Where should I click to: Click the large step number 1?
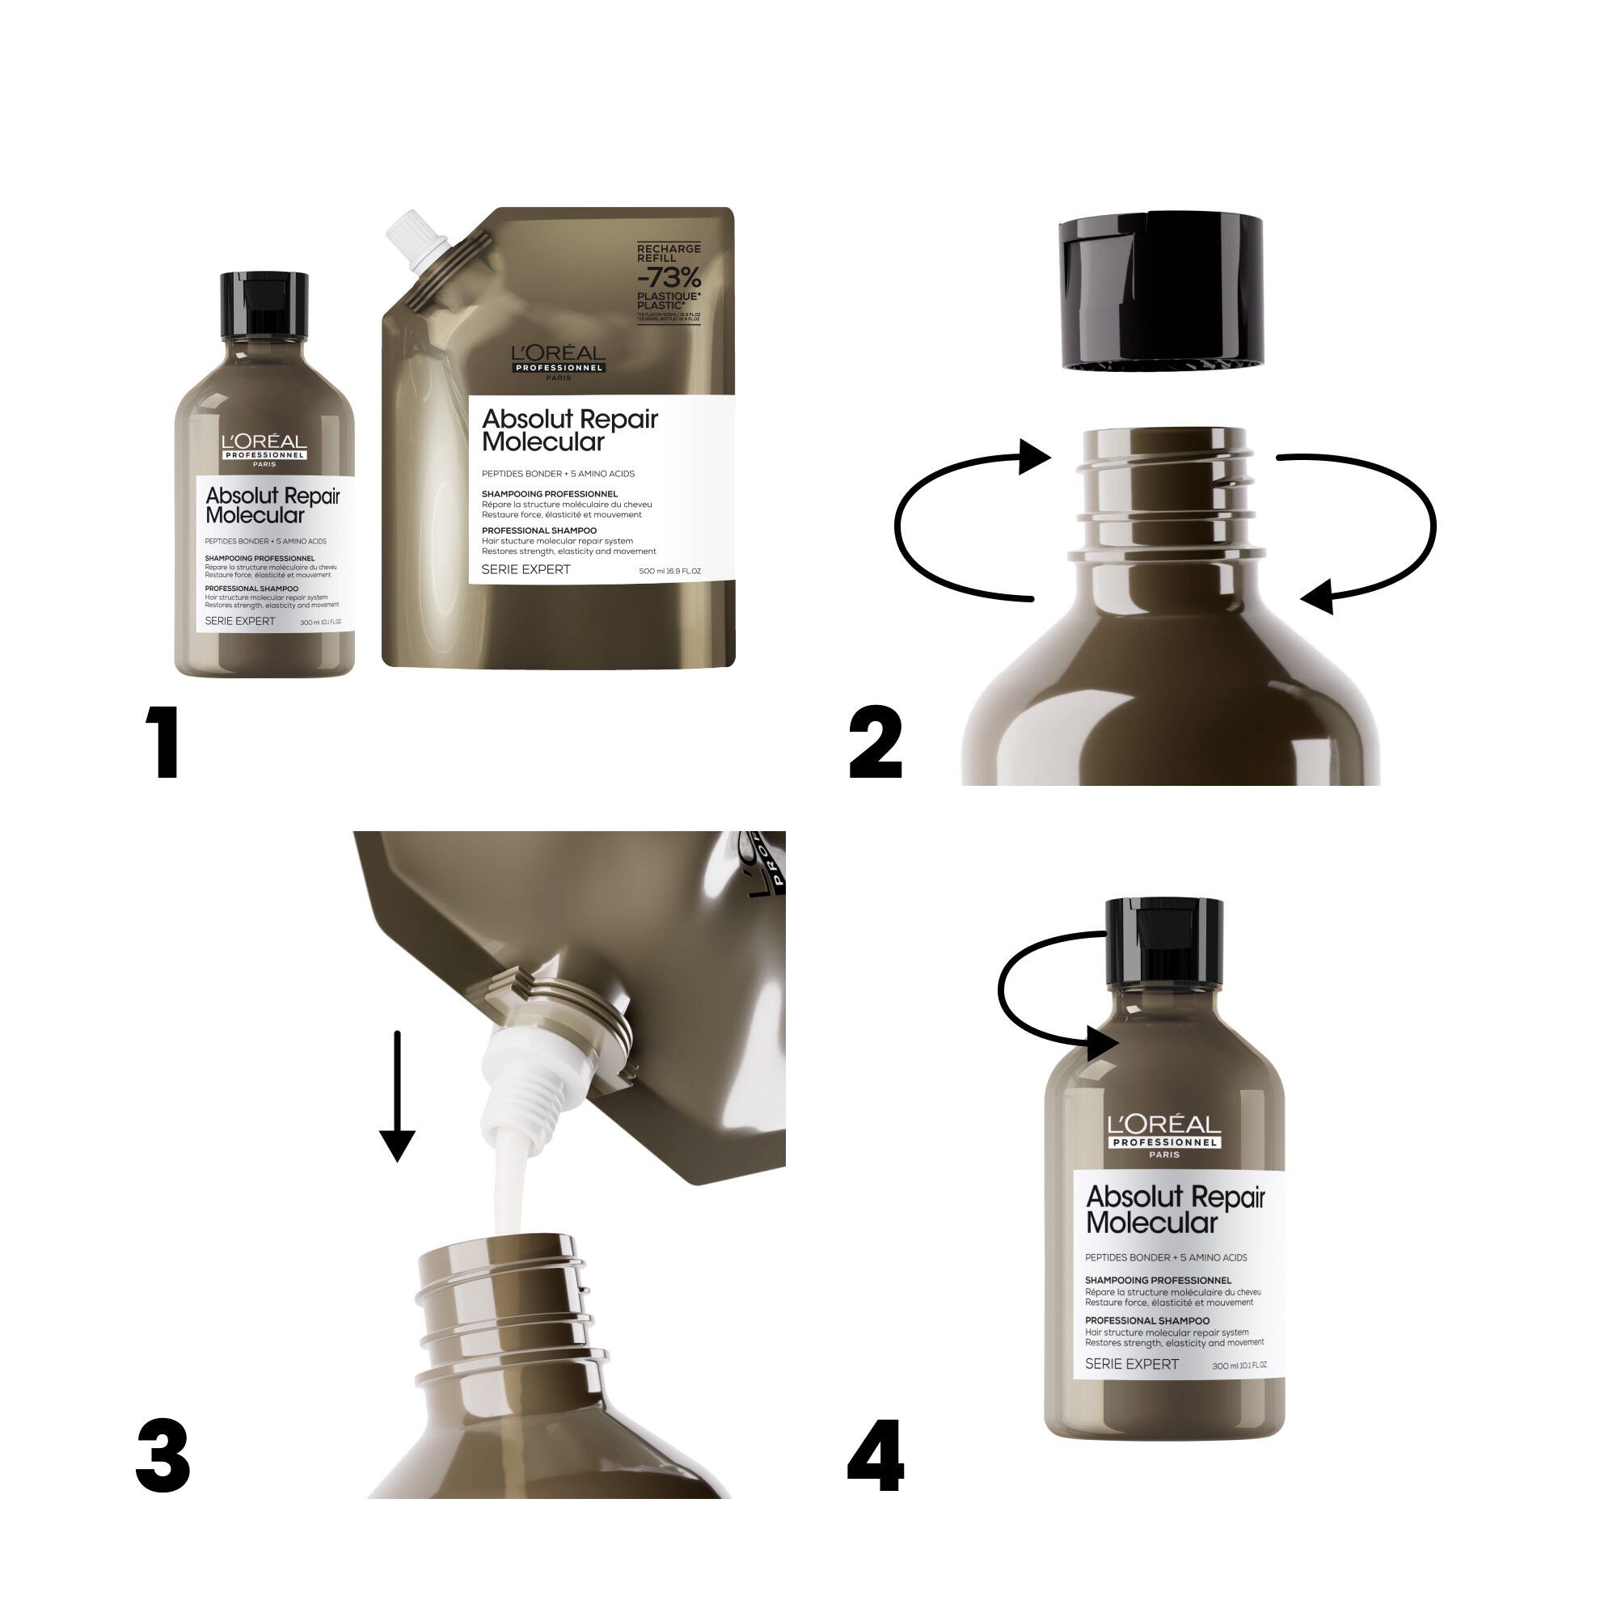(165, 741)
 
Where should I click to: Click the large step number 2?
(876, 741)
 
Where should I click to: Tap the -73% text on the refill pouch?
(669, 277)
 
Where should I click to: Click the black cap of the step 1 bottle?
(264, 302)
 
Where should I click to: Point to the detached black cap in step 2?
(1162, 289)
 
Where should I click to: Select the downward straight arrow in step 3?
(398, 1096)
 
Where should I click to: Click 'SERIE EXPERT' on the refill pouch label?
(526, 569)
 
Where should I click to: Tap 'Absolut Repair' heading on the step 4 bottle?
(1175, 1197)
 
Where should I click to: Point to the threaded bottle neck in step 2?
(1167, 494)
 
